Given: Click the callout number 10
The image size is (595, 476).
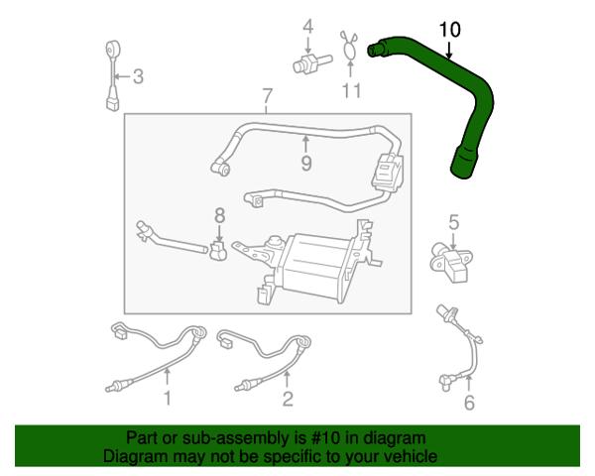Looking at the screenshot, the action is pyautogui.click(x=449, y=30).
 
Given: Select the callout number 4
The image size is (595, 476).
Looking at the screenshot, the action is pyautogui.click(x=308, y=27).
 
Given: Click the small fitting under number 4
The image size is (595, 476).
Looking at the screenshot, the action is pyautogui.click(x=312, y=63).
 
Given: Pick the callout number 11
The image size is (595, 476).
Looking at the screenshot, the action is pyautogui.click(x=351, y=90).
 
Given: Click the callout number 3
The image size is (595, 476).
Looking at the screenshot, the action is pyautogui.click(x=138, y=76).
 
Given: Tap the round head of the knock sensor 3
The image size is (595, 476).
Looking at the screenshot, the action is pyautogui.click(x=112, y=50).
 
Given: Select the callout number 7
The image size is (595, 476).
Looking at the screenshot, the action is pyautogui.click(x=267, y=96).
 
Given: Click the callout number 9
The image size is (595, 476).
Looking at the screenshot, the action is pyautogui.click(x=306, y=164).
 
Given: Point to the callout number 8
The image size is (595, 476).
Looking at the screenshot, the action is pyautogui.click(x=220, y=215).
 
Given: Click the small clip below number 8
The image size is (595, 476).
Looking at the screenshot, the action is pyautogui.click(x=218, y=251).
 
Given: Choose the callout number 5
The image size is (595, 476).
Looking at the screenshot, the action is pyautogui.click(x=454, y=222).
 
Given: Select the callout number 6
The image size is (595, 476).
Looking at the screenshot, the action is pyautogui.click(x=469, y=403).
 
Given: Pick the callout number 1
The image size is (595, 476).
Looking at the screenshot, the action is pyautogui.click(x=167, y=399).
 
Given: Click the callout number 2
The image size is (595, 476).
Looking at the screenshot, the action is pyautogui.click(x=288, y=399).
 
